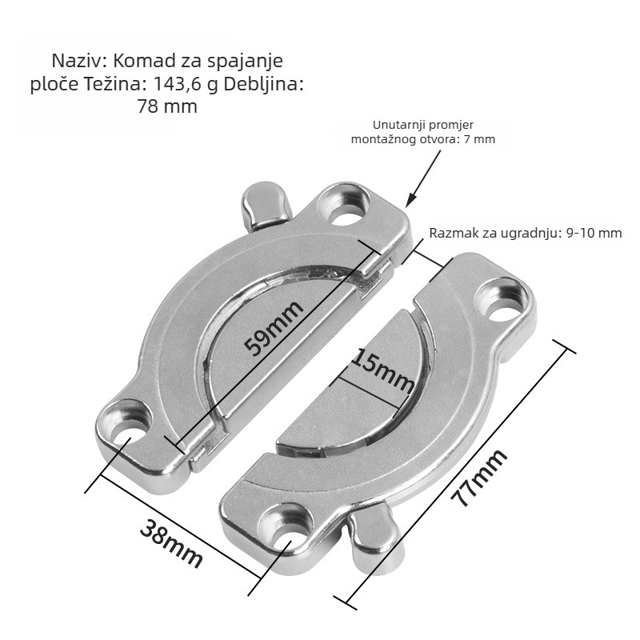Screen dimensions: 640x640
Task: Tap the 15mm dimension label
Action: (382, 370)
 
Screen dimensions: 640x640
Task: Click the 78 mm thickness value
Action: (167, 106)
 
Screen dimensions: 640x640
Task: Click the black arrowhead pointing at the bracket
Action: (411, 198)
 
